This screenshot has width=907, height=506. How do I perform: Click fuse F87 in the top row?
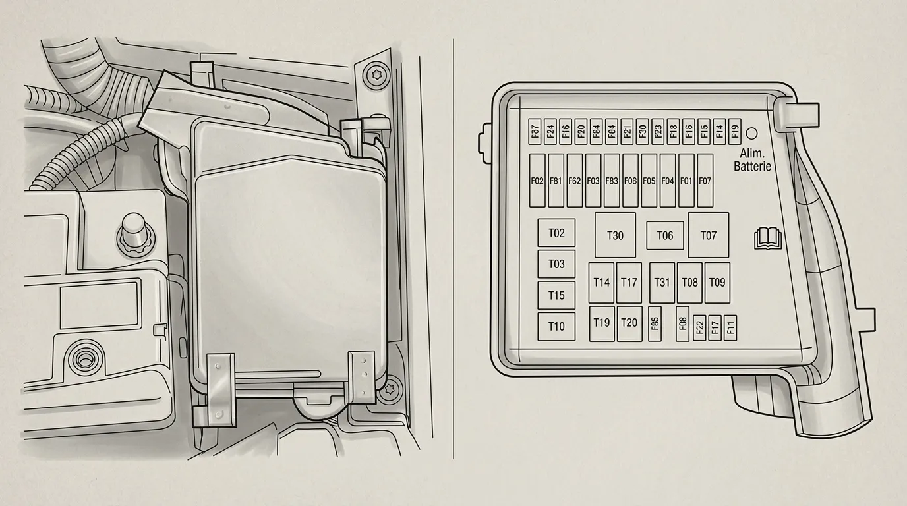pyautogui.click(x=535, y=132)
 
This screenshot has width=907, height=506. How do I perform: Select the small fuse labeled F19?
pyautogui.click(x=734, y=132)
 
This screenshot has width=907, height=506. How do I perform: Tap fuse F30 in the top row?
pyautogui.click(x=642, y=132)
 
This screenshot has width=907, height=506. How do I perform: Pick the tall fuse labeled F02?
pyautogui.click(x=537, y=181)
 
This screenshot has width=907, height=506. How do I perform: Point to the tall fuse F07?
pyautogui.click(x=705, y=181)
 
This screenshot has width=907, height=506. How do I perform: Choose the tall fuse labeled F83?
pyautogui.click(x=612, y=181)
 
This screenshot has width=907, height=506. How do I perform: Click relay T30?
pyautogui.click(x=615, y=235)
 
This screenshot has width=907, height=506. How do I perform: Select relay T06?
pyautogui.click(x=665, y=235)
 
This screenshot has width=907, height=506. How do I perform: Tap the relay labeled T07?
pyautogui.click(x=709, y=235)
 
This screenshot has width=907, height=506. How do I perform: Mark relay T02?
pyautogui.click(x=556, y=233)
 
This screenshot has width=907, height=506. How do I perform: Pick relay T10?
pyautogui.click(x=556, y=326)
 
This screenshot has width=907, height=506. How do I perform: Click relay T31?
pyautogui.click(x=662, y=282)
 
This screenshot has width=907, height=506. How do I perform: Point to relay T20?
pyautogui.click(x=629, y=323)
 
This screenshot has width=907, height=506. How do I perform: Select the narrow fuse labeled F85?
pyautogui.click(x=655, y=323)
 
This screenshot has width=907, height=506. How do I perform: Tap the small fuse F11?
pyautogui.click(x=730, y=327)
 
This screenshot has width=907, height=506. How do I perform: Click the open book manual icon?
pyautogui.click(x=767, y=239)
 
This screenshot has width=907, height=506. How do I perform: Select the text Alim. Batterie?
pyautogui.click(x=752, y=159)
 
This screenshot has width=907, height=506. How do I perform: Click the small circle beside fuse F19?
pyautogui.click(x=751, y=134)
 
